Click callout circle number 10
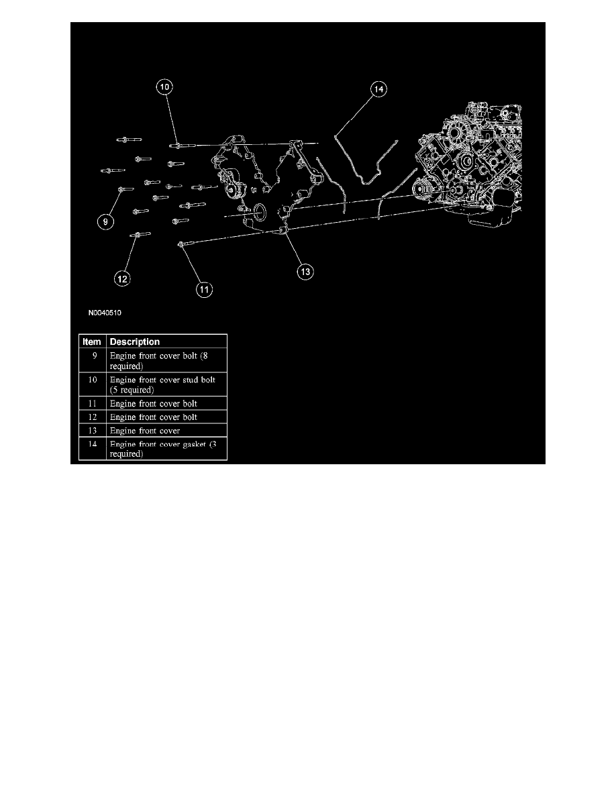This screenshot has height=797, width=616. click(164, 87)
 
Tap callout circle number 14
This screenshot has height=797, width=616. click(378, 89)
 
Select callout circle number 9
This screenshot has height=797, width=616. click(106, 221)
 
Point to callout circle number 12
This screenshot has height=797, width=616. click(122, 278)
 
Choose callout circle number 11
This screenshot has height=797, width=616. click(204, 290)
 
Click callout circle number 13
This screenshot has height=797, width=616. click(305, 272)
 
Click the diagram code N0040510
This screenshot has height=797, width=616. click(105, 313)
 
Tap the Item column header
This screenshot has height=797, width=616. click(92, 341)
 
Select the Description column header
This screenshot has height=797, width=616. click(135, 341)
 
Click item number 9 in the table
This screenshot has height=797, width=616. click(94, 356)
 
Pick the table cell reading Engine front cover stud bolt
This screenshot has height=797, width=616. click(162, 385)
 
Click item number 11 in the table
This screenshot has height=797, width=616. click(92, 404)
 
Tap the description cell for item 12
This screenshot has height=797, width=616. click(154, 417)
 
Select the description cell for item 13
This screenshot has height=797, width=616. click(145, 431)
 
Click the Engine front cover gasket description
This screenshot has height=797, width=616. click(163, 449)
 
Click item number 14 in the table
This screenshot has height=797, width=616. click(92, 444)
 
